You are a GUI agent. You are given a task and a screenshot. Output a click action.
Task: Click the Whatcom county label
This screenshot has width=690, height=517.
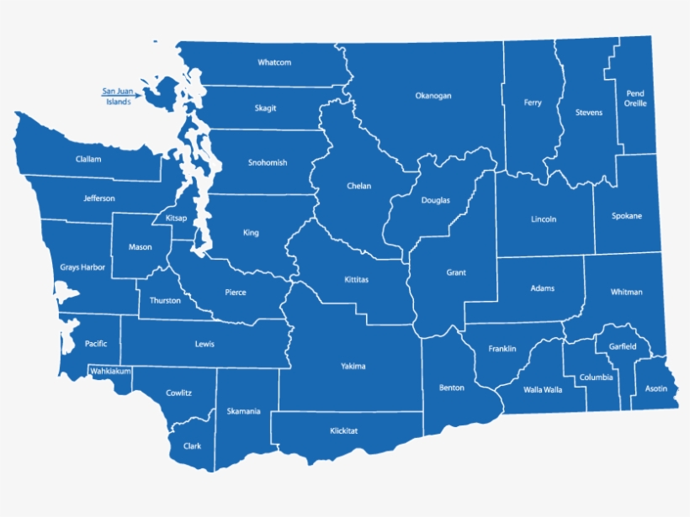(274, 62)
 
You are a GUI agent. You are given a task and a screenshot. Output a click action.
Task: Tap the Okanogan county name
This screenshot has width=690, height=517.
(433, 96)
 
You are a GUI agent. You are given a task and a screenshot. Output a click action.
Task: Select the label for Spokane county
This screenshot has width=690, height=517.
(626, 216)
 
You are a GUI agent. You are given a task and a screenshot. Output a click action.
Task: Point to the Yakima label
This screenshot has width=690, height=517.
(353, 366)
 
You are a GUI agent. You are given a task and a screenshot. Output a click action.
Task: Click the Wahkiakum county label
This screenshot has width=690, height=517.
(110, 370)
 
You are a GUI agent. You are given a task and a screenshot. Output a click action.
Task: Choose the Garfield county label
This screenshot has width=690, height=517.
(623, 346)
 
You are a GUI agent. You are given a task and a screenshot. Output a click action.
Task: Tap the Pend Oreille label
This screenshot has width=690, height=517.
(635, 98)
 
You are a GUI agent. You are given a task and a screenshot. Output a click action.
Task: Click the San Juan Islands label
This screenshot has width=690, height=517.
(118, 96)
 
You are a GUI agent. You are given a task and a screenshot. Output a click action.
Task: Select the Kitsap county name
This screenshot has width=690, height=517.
(177, 218)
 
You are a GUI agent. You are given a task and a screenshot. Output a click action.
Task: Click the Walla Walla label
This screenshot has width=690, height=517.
(543, 389)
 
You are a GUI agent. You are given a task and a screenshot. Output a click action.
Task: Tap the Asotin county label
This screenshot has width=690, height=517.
(656, 388)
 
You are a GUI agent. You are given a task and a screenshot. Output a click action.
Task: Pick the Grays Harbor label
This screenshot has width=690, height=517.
(82, 267)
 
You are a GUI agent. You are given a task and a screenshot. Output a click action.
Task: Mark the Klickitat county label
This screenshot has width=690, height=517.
(344, 430)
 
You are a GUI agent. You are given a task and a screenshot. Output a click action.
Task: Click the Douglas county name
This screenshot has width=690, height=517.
(436, 200)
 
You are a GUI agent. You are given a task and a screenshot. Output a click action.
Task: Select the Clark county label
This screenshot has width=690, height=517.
(192, 446)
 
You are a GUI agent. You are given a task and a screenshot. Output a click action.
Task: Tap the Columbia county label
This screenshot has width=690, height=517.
(596, 377)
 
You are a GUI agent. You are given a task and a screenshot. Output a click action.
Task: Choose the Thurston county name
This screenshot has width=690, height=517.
(165, 300)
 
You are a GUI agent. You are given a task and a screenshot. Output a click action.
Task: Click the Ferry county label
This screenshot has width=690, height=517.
(533, 103)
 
